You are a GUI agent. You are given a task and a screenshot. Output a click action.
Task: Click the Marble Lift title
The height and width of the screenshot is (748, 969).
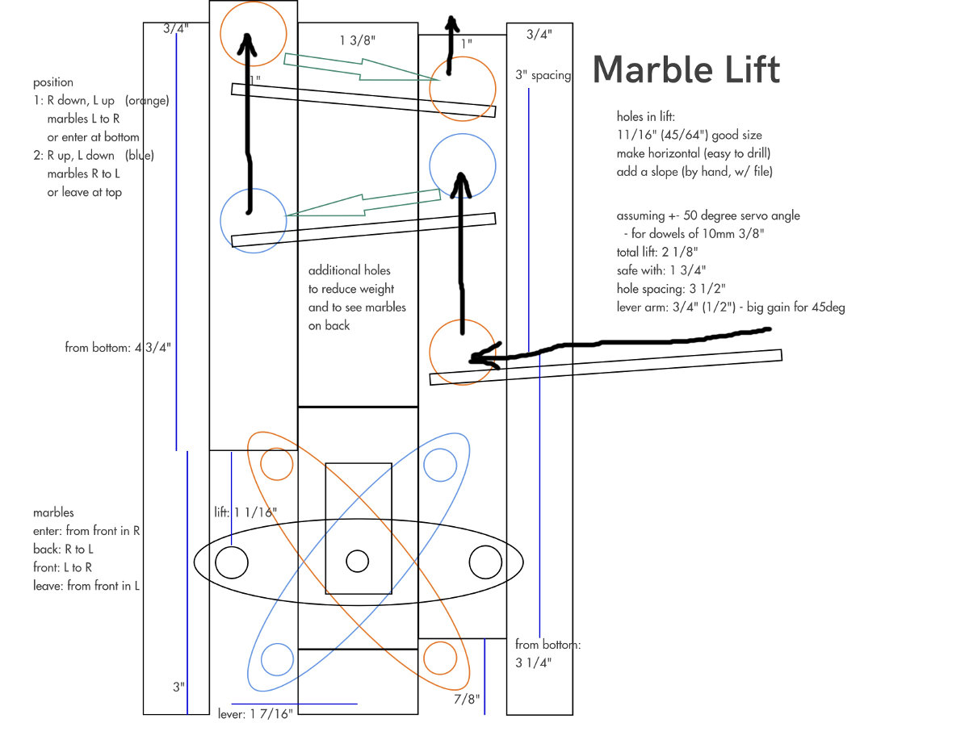686,69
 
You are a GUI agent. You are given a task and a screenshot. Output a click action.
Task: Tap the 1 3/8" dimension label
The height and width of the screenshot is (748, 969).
357,40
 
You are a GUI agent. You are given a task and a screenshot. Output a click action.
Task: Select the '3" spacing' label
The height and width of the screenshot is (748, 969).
543,75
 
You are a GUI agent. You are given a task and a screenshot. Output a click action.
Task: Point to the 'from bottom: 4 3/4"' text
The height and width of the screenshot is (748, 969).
118,348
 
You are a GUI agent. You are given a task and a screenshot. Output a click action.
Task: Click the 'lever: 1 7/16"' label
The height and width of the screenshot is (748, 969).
255,714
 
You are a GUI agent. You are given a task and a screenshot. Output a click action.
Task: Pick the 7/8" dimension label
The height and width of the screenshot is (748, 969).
467,699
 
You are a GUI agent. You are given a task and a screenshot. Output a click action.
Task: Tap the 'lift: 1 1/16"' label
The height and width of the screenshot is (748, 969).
245,512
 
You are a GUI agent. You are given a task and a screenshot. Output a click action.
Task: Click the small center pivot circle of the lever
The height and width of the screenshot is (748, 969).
357,562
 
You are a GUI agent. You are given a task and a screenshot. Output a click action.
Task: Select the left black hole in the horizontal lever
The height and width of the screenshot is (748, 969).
232,562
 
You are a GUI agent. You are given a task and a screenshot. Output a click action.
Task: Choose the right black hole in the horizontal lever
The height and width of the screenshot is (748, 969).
485,562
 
